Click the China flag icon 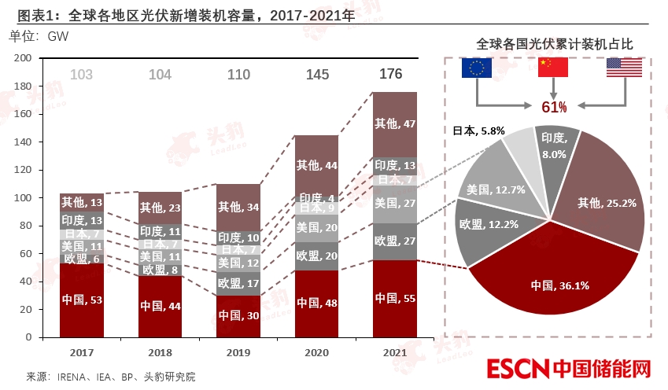click(x=552, y=68)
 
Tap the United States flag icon click(x=624, y=68)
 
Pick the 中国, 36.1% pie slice click(x=550, y=275)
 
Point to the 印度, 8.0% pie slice click(x=555, y=145)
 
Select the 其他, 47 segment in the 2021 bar click(x=394, y=124)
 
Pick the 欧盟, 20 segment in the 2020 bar click(x=316, y=256)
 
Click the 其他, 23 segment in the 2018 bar click(x=160, y=208)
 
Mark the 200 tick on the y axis click(x=23, y=58)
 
